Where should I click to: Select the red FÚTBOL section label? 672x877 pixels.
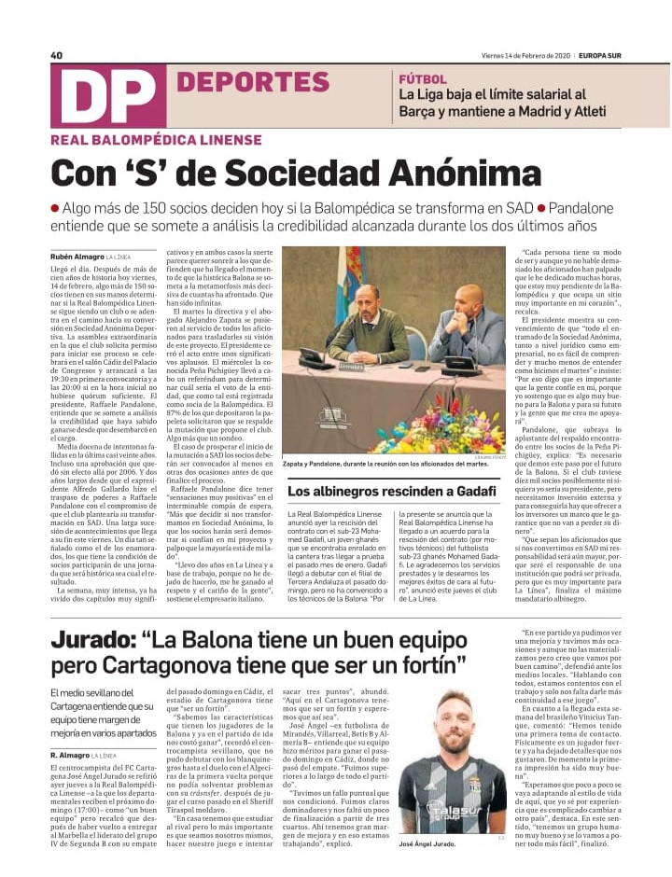(421, 79)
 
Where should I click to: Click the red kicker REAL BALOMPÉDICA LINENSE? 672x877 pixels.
(157, 142)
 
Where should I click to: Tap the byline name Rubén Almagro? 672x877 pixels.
(77, 256)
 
